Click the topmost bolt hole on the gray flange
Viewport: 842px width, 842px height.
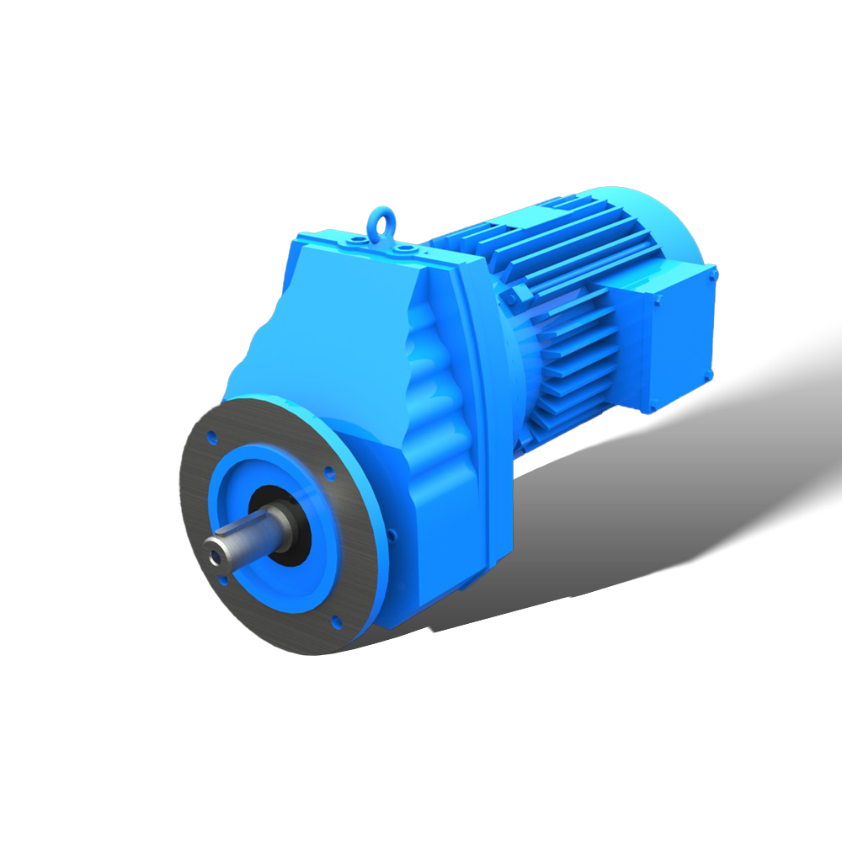[x=210, y=438]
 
